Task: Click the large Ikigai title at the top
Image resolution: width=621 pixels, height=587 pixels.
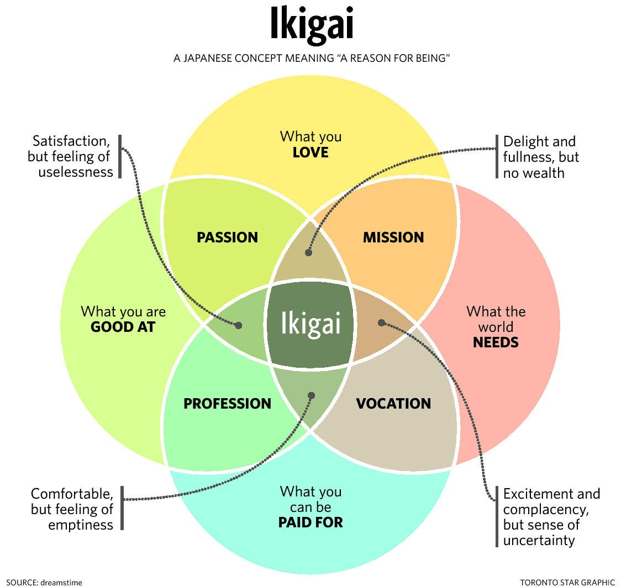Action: tap(311, 25)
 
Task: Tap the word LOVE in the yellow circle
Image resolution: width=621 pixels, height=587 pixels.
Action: tap(310, 152)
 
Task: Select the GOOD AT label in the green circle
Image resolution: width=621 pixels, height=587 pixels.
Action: tap(123, 326)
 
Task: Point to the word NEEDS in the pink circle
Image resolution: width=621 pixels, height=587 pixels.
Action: tap(496, 342)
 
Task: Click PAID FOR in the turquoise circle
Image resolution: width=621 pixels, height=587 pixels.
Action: tap(310, 521)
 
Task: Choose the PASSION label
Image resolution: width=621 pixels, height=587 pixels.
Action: tap(227, 237)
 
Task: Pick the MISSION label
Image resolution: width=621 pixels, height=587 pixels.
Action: tap(393, 237)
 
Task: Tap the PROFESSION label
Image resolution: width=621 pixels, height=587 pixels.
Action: tap(227, 404)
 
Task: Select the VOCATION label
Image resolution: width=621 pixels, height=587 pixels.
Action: tap(393, 404)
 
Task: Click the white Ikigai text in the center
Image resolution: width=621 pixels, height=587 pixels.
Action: tap(310, 323)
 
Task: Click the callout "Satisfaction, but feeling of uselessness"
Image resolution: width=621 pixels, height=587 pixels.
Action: tap(70, 156)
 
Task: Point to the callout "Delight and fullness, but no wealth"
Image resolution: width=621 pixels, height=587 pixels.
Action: tap(541, 157)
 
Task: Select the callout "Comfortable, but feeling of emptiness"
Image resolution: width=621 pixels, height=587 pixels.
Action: tap(72, 509)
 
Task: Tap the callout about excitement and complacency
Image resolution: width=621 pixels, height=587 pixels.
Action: tap(551, 516)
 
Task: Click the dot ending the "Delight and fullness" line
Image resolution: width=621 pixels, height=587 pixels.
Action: tap(308, 252)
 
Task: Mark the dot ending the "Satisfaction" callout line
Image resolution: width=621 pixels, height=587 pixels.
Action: tap(239, 325)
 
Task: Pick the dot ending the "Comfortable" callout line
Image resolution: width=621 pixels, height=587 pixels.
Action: tap(311, 395)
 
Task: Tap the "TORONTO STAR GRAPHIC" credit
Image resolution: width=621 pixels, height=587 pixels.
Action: tap(567, 581)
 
